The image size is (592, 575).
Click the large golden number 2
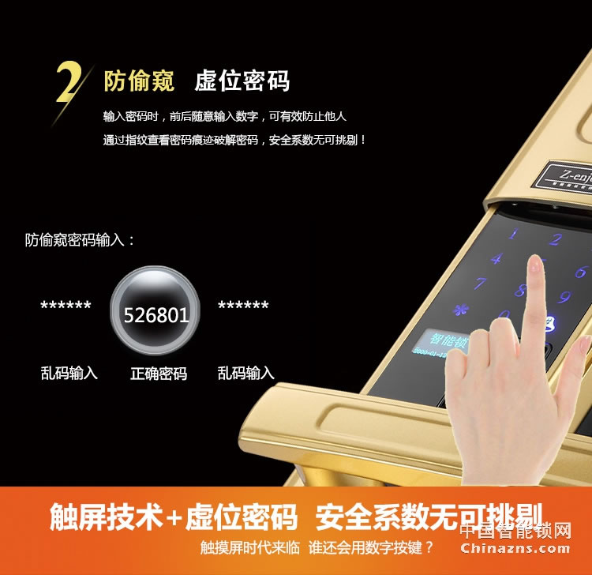tap(69, 82)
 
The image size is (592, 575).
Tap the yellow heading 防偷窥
tap(139, 81)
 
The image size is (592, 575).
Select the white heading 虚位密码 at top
tap(242, 81)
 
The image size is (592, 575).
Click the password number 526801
tap(155, 316)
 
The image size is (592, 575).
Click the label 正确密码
tap(159, 374)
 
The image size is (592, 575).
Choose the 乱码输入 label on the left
tap(69, 373)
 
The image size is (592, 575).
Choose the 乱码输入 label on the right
tap(246, 373)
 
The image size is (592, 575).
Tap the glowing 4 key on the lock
tap(496, 258)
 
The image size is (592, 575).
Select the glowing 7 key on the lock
tap(479, 284)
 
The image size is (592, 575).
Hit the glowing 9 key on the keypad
tap(564, 297)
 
